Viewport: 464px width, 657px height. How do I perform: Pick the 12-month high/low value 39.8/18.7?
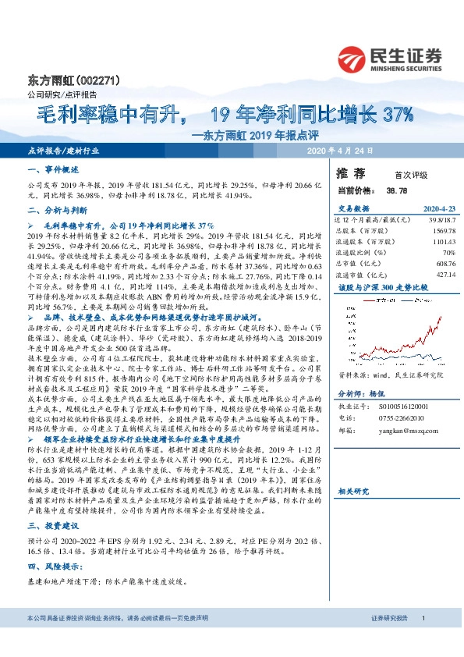(x=427, y=220)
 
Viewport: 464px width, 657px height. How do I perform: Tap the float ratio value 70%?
(x=434, y=253)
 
